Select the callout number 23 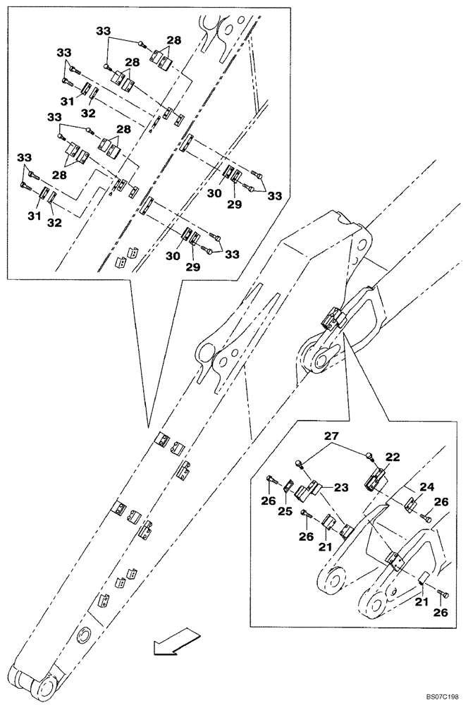coord(341,486)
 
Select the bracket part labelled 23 coord(311,491)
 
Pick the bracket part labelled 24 coord(414,503)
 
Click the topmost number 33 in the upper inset coord(104,32)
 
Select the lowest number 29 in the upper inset coord(193,268)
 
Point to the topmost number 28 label coord(173,40)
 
